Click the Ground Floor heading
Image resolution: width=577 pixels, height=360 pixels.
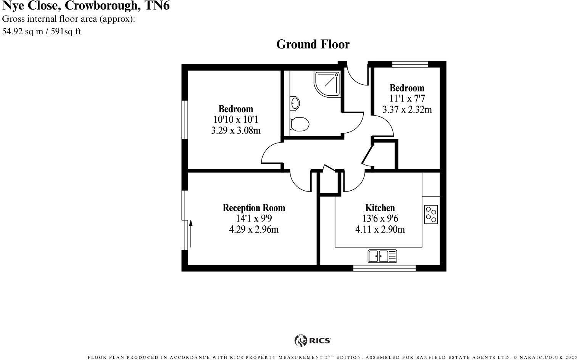[313, 45]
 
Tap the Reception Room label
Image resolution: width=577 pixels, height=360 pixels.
[254, 208]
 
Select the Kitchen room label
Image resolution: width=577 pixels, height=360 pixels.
[380, 208]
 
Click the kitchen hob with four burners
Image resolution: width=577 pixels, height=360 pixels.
[431, 214]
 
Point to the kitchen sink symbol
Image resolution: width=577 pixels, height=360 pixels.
[382, 256]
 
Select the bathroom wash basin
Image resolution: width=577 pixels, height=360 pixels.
[295, 103]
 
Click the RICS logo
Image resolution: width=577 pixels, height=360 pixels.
[313, 340]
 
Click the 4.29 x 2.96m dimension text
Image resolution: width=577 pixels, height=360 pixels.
[254, 230]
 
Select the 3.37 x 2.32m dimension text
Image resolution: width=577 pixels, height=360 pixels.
[407, 110]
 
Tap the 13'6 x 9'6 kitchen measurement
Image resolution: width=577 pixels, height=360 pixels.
[380, 219]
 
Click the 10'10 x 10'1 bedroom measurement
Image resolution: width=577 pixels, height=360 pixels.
[236, 120]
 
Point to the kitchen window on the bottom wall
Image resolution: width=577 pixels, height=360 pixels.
[384, 268]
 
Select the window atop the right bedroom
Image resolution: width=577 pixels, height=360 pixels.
[410, 64]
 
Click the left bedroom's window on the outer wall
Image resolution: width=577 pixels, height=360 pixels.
[185, 119]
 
